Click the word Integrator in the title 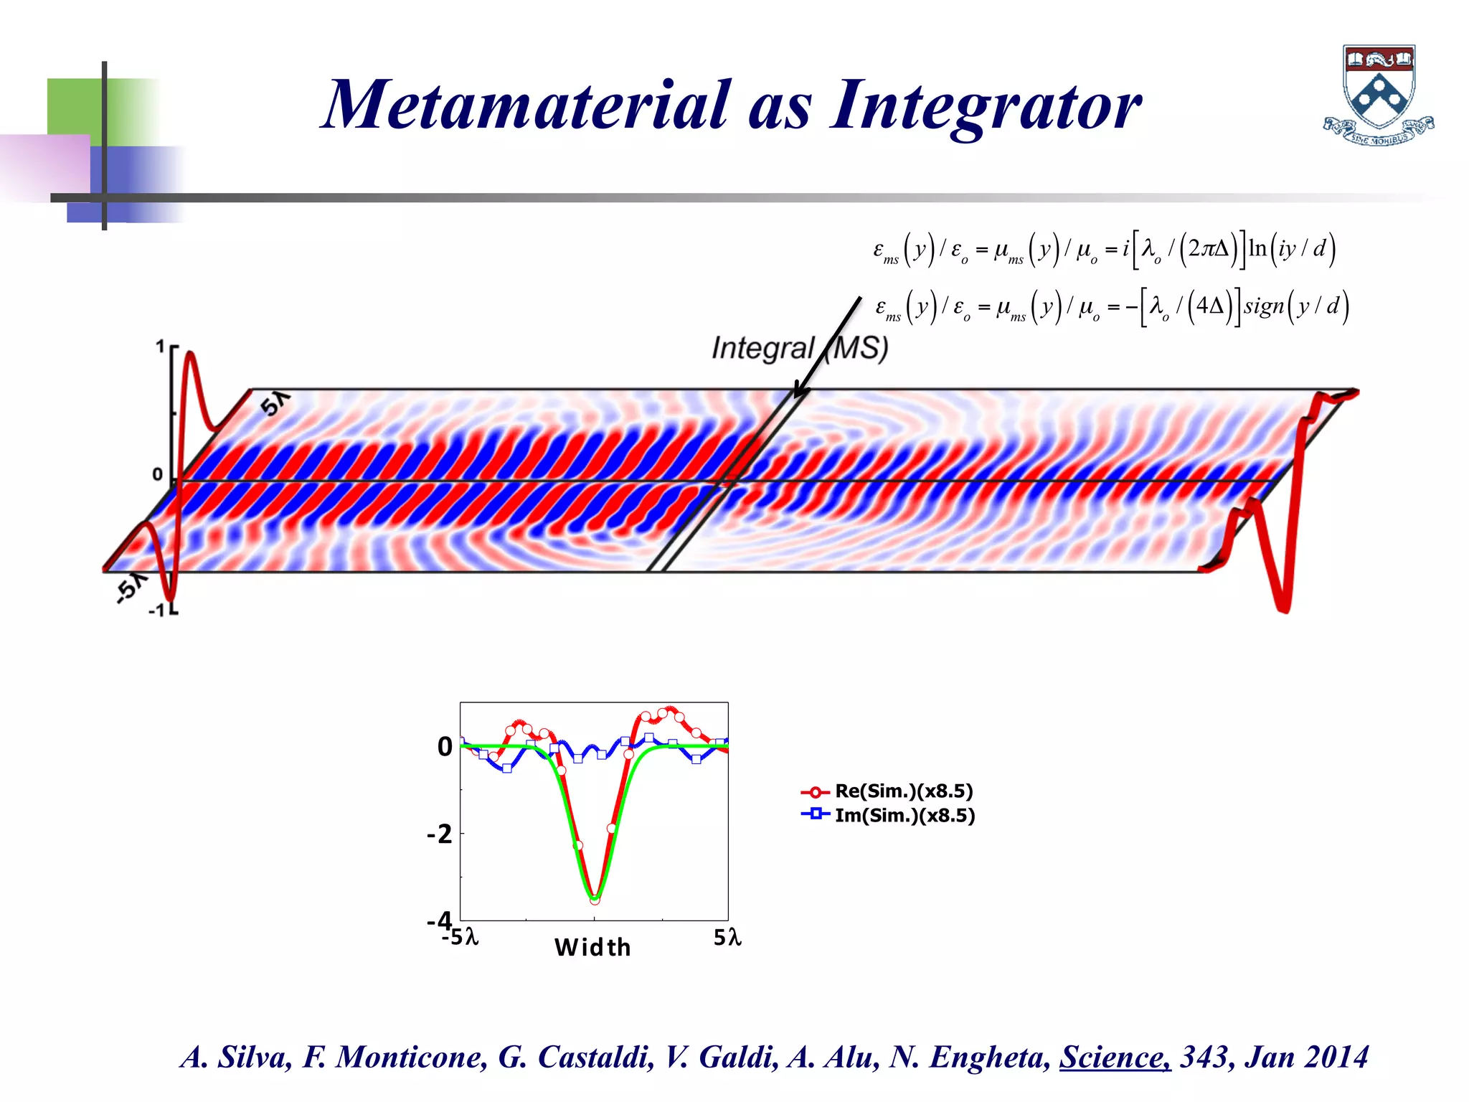tap(986, 106)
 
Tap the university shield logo tap(1378, 95)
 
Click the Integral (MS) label tap(799, 348)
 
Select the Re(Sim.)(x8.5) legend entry tap(903, 791)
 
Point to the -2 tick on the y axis tap(440, 834)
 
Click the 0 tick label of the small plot tap(445, 747)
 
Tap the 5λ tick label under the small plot tap(727, 938)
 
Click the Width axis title tap(592, 948)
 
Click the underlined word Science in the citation tap(1115, 1057)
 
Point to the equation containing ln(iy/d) tap(1104, 250)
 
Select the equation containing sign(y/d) tap(1112, 307)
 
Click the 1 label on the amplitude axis tap(160, 347)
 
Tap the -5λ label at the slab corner tap(130, 588)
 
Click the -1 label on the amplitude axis tap(156, 611)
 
